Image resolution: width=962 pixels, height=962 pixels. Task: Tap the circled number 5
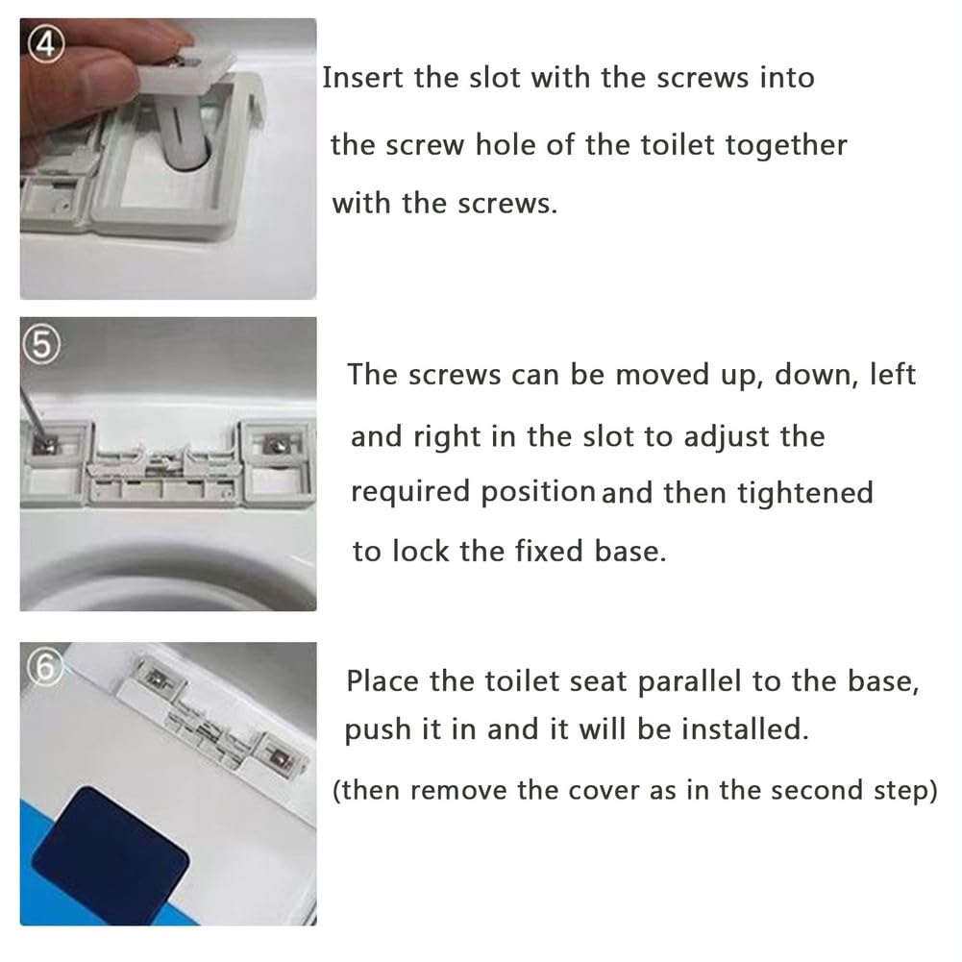[x=41, y=344]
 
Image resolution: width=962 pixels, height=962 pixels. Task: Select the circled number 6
[x=44, y=667]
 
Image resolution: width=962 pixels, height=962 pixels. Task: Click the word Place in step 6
[x=382, y=681]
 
